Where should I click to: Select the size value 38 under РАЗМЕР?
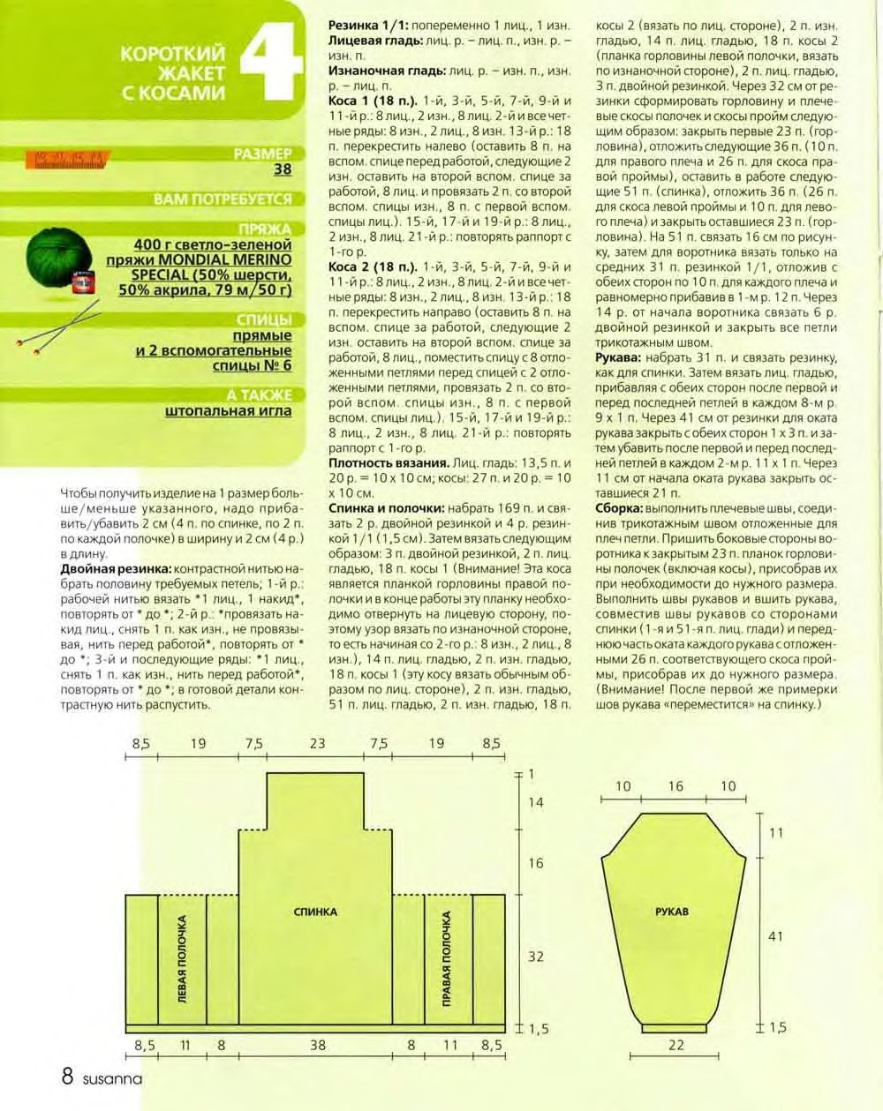coord(283,169)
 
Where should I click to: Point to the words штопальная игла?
coord(228,410)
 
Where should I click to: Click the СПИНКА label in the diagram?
coord(315,912)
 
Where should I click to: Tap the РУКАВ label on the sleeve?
coord(672,912)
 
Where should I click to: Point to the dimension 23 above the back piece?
coord(317,744)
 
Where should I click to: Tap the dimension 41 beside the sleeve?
coord(774,935)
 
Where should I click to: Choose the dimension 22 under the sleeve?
coord(675,1045)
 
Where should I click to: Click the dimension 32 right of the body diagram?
coord(535,957)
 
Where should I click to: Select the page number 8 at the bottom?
coord(67,1077)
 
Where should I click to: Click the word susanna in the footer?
coord(112,1078)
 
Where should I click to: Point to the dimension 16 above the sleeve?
coord(675,786)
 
